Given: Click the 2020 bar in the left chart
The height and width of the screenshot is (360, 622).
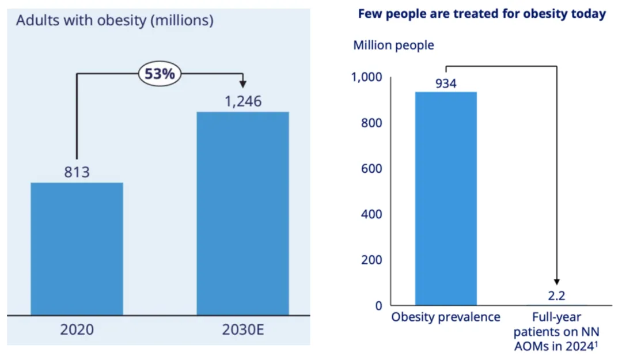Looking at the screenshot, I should (x=77, y=249).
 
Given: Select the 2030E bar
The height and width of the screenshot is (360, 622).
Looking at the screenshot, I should (x=242, y=213).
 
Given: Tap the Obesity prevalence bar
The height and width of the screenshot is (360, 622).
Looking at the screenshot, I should (x=446, y=198).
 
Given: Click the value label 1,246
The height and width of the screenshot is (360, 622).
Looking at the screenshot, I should (x=242, y=102).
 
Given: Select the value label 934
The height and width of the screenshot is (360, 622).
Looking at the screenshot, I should (x=446, y=84).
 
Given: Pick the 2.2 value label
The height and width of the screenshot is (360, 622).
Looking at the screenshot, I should (x=556, y=297).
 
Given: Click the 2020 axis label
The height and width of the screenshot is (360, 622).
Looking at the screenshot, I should (x=77, y=330).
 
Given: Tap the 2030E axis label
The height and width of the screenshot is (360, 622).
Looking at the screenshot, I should (x=242, y=330).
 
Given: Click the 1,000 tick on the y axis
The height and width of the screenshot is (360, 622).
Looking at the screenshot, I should (x=366, y=78).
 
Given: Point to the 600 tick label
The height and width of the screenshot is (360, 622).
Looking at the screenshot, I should (x=371, y=169).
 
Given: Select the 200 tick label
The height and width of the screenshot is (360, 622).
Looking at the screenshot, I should (x=371, y=260).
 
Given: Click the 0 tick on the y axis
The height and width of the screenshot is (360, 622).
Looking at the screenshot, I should (x=378, y=306).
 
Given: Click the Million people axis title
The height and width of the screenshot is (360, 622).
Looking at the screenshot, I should (x=394, y=45).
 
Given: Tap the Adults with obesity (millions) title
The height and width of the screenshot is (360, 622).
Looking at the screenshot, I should (x=115, y=21).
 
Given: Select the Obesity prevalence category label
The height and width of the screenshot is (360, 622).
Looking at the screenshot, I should (x=446, y=317).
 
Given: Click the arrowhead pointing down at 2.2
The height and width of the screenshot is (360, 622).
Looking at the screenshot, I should (x=557, y=282).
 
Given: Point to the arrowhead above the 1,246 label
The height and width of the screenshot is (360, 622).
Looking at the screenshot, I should (x=242, y=83).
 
